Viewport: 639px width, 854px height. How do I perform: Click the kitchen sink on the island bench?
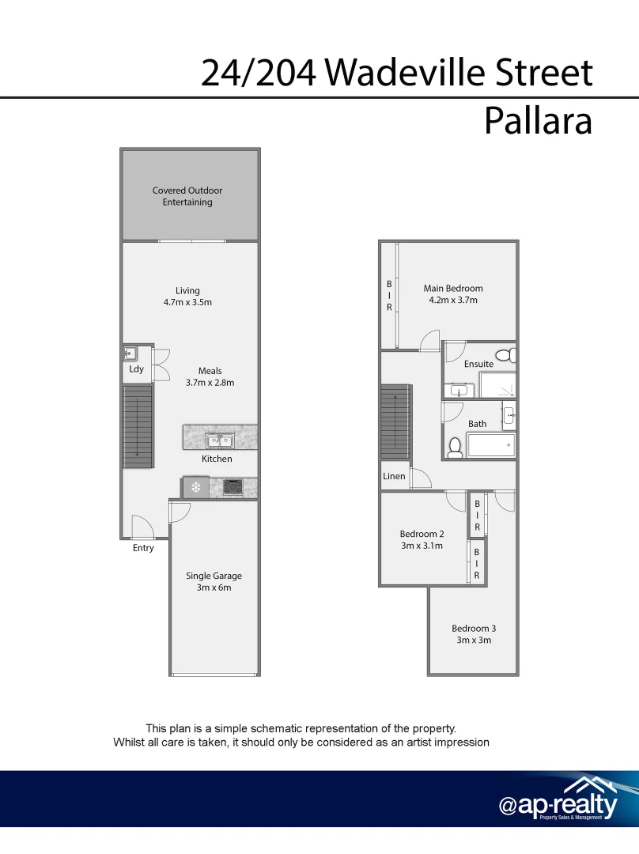coord(219,440)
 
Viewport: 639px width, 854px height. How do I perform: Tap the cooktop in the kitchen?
coord(233,487)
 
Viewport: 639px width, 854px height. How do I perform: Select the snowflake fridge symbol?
coord(195,487)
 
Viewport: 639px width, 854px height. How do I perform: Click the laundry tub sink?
coord(130,354)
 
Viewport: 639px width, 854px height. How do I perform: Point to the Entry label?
coord(143,548)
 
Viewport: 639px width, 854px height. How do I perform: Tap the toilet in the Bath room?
coord(455,448)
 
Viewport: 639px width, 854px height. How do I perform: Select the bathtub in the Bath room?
coord(490,444)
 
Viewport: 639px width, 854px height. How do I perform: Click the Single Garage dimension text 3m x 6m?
coord(214,588)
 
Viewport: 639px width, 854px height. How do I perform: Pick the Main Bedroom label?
coord(452,289)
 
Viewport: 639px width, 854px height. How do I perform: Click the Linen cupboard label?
coord(394,476)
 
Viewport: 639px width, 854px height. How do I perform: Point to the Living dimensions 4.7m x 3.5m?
coord(188,302)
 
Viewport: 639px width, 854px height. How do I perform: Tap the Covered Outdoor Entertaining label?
coord(187,196)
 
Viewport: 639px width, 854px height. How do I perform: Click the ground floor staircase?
coord(137,427)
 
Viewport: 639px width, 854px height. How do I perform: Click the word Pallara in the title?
coord(537,122)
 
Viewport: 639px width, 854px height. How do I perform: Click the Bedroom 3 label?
coord(474,629)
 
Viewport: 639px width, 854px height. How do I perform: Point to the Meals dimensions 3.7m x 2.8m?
coord(210,383)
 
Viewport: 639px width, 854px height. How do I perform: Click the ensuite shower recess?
coord(497,385)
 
